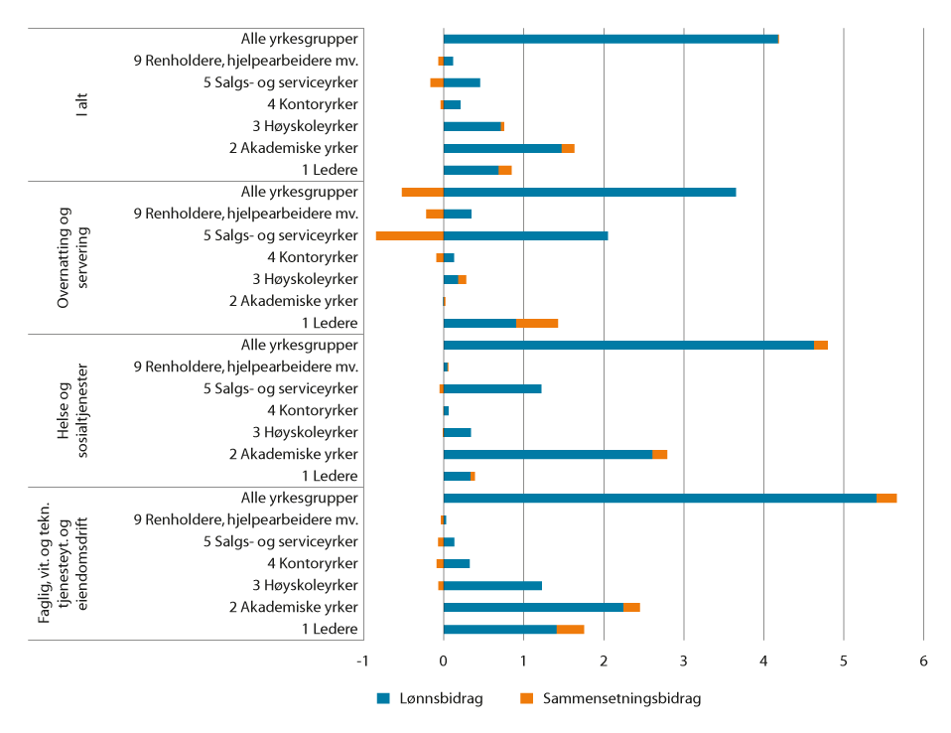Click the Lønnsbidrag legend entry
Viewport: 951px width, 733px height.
(430, 698)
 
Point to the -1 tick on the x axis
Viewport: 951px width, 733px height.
(363, 660)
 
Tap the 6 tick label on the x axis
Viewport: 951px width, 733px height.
(923, 660)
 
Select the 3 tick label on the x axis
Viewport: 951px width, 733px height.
(683, 660)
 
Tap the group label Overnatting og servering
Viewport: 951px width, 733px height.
(72, 257)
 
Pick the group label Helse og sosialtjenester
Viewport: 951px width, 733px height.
(72, 410)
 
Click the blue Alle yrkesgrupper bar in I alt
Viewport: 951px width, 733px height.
(611, 39)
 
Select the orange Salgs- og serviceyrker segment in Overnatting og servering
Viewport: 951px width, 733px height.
(409, 235)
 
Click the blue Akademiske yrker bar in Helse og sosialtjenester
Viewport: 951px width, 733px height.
(548, 454)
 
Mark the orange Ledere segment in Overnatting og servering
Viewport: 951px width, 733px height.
(537, 323)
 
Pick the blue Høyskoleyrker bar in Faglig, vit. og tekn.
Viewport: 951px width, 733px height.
(492, 585)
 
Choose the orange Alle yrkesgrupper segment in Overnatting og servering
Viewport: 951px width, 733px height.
(422, 192)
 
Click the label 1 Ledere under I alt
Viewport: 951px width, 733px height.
(329, 170)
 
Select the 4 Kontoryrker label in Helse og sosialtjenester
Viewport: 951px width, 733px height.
(313, 410)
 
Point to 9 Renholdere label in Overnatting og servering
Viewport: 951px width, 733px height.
(245, 214)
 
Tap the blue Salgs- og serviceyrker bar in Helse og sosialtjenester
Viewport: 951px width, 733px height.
(492, 388)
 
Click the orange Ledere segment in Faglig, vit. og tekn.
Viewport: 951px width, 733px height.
(570, 629)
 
